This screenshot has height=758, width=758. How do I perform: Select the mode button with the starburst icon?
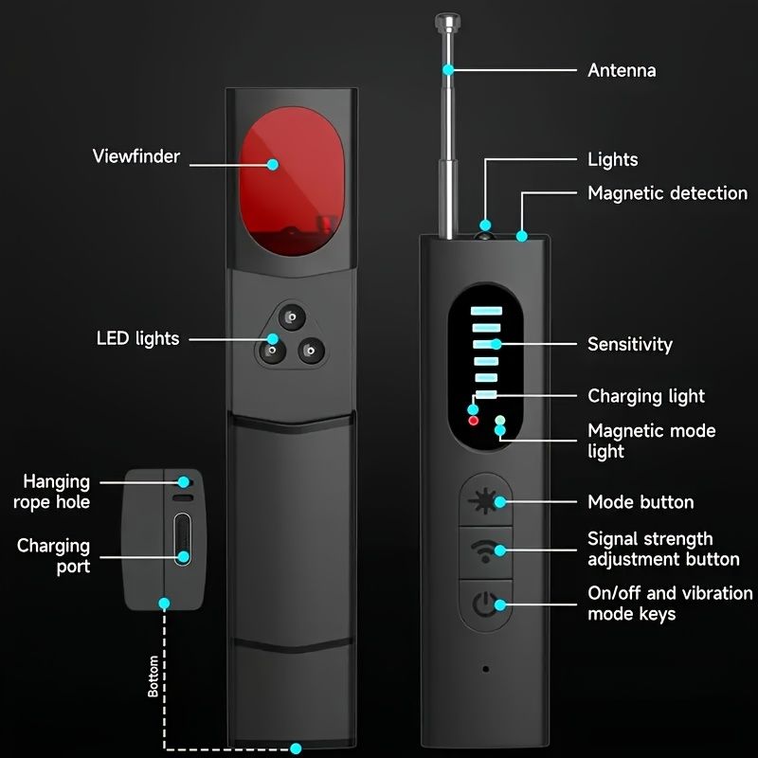click(486, 501)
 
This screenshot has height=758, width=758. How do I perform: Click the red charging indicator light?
click(474, 420)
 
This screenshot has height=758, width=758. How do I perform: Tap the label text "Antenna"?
click(622, 71)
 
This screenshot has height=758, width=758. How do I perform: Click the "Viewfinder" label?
click(136, 156)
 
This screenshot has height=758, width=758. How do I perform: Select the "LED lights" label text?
click(137, 338)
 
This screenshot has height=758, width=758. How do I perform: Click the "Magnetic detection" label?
click(667, 193)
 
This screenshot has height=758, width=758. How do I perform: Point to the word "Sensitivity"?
click(629, 344)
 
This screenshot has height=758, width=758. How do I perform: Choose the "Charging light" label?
click(646, 396)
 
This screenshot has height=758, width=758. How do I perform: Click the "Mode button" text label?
click(641, 502)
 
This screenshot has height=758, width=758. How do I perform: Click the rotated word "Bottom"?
click(153, 677)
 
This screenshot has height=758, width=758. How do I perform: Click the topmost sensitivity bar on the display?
click(486, 309)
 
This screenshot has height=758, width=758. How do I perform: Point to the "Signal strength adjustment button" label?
click(663, 549)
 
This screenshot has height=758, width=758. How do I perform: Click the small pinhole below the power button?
click(485, 668)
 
